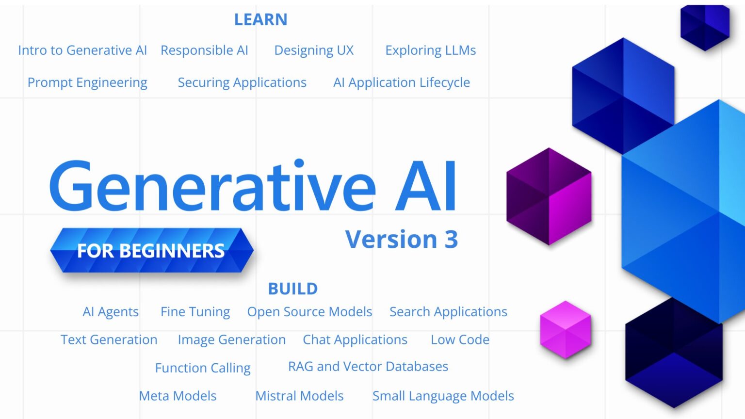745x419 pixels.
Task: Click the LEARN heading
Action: click(260, 20)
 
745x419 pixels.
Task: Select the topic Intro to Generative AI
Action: click(82, 50)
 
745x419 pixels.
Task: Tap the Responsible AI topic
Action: click(204, 50)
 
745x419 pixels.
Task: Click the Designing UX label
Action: click(314, 50)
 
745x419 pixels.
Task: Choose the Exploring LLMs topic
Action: click(430, 50)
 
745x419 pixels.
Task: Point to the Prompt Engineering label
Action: click(87, 83)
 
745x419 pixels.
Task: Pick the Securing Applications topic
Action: click(242, 83)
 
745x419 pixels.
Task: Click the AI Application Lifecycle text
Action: click(401, 83)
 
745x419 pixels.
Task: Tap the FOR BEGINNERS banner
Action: click(151, 250)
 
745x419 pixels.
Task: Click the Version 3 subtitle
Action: click(401, 240)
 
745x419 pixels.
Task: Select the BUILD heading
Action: click(292, 289)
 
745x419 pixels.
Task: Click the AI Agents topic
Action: click(111, 312)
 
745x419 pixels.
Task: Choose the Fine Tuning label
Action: click(195, 312)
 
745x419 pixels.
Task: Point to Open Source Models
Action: click(309, 312)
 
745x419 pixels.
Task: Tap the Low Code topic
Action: click(460, 340)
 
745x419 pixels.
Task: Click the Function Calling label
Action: click(203, 368)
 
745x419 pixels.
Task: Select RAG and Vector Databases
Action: click(368, 367)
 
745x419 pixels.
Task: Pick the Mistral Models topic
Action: click(299, 396)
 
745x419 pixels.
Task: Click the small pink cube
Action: click(566, 330)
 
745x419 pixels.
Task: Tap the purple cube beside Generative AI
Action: click(549, 196)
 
